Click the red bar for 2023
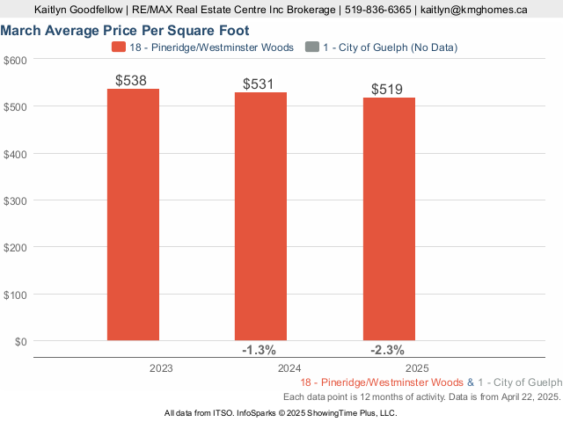click(x=134, y=215)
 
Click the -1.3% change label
click(x=260, y=350)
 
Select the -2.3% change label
click(x=388, y=350)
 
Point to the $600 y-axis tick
click(x=16, y=60)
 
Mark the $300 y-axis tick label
click(x=16, y=200)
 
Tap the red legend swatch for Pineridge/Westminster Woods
click(x=119, y=47)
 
